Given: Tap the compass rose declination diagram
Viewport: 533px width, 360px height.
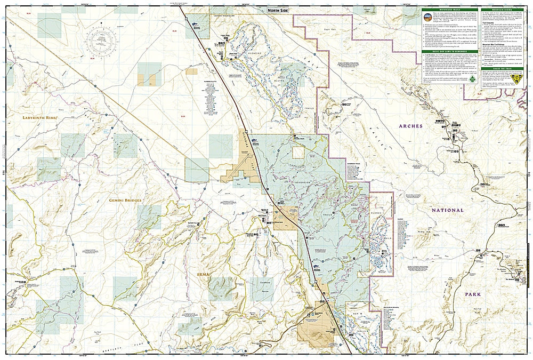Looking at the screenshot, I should point(101,42).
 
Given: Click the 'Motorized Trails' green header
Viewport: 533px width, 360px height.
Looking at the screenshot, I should point(448,10).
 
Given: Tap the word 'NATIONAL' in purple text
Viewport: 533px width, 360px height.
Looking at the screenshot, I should point(448,210).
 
